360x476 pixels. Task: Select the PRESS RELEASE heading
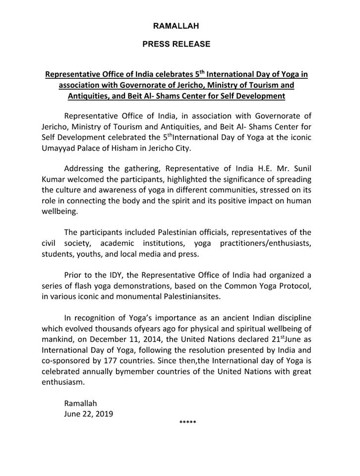[x=176, y=44]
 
